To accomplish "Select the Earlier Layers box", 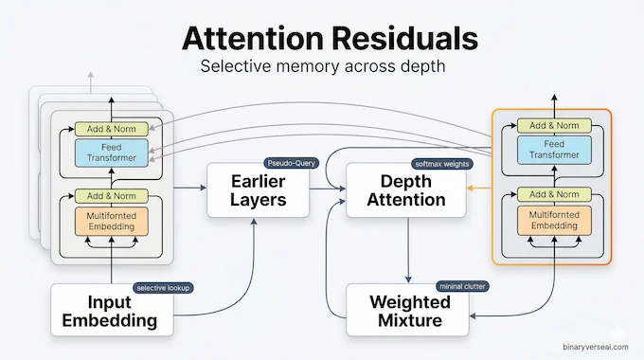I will [258, 189].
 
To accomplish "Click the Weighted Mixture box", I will [407, 310].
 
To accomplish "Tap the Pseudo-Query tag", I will [291, 163].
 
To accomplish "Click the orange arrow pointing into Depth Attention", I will [478, 189].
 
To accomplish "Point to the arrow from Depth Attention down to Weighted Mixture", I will [407, 250].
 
